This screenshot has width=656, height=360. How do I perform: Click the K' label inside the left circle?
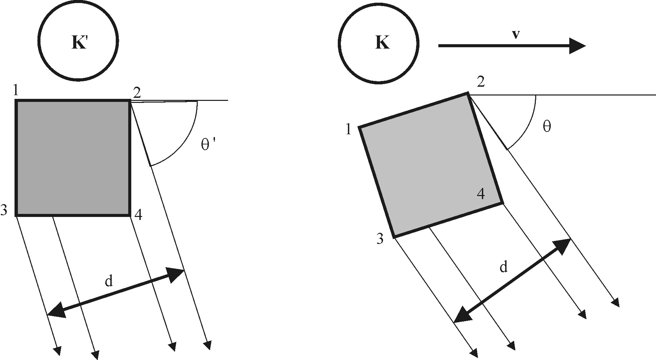click(x=80, y=43)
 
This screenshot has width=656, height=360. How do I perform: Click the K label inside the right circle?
click(x=382, y=43)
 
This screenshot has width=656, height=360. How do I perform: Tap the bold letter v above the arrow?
click(x=515, y=35)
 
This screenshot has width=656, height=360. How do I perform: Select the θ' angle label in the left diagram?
click(x=208, y=145)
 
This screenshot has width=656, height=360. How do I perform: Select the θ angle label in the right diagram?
click(x=547, y=127)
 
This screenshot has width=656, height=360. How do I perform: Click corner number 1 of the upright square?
click(x=16, y=91)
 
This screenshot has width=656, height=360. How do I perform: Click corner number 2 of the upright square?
click(x=137, y=92)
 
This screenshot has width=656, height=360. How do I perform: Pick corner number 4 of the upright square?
click(x=138, y=215)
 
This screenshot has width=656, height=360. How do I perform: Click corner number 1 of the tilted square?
click(x=349, y=130)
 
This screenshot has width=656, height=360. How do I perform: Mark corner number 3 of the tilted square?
click(x=380, y=239)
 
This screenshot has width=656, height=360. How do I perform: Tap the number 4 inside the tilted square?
click(x=481, y=194)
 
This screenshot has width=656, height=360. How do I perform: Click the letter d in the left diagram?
click(x=108, y=281)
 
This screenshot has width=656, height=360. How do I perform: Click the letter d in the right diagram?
click(x=503, y=267)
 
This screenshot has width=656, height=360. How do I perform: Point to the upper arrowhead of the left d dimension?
click(x=176, y=275)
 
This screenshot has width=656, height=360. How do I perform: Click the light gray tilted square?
click(x=430, y=165)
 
